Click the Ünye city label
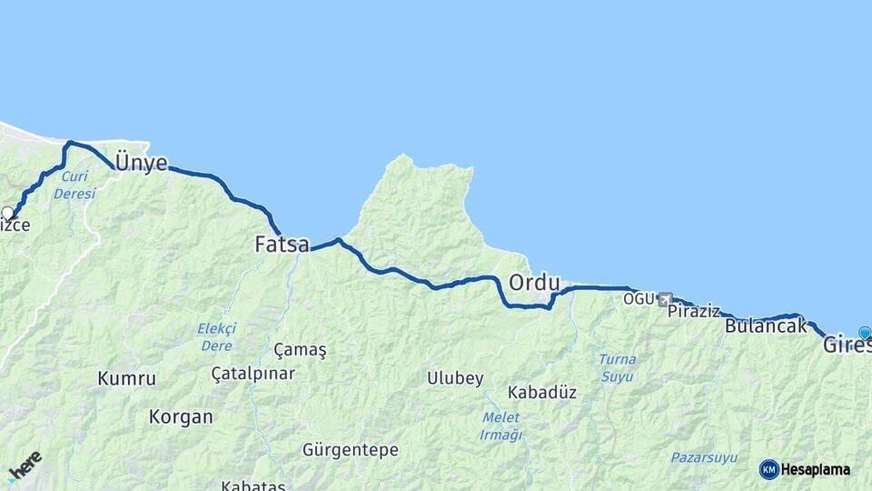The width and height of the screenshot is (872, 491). pyautogui.click(x=141, y=164)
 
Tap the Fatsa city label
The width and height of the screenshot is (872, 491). pyautogui.click(x=282, y=245)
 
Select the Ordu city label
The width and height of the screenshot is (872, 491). pyautogui.click(x=534, y=283)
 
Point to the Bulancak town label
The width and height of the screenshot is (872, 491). pyautogui.click(x=766, y=326)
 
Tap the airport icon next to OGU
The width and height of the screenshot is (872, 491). pyautogui.click(x=666, y=298)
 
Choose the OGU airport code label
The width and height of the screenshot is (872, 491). pyautogui.click(x=639, y=298)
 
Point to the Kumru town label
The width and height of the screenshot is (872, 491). pyautogui.click(x=126, y=378)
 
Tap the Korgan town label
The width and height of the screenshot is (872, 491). pyautogui.click(x=182, y=417)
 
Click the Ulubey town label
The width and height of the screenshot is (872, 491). pyautogui.click(x=456, y=378)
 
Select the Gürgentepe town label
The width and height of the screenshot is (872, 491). pyautogui.click(x=350, y=450)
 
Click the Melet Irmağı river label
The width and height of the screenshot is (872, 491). pyautogui.click(x=500, y=426)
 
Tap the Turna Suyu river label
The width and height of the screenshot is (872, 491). pyautogui.click(x=617, y=367)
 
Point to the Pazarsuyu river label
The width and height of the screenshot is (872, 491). pyautogui.click(x=704, y=457)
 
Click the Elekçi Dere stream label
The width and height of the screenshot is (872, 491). pyautogui.click(x=216, y=337)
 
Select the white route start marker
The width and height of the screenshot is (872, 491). pyautogui.click(x=7, y=214)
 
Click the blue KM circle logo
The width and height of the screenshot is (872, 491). pyautogui.click(x=768, y=469)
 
